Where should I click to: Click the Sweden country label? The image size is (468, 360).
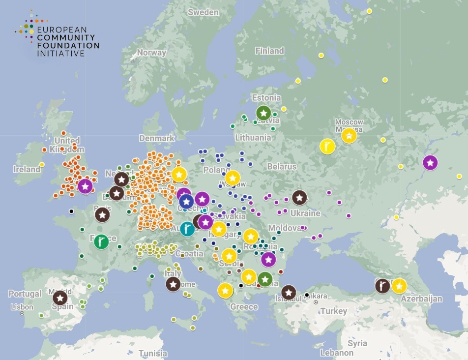coord(203,12)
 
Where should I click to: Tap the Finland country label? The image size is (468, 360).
coord(269,51)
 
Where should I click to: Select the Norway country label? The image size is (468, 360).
coord(151,53)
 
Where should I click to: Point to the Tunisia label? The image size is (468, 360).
coord(152,353)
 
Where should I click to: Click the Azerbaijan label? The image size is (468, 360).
coord(421,299)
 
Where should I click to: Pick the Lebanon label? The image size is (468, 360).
coord(336,353)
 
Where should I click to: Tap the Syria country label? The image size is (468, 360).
coord(357,343)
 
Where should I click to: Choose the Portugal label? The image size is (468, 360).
coord(25,294)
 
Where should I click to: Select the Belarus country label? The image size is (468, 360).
coord(282,166)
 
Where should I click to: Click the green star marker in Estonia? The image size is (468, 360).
coord(263,113)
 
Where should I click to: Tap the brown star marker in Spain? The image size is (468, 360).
coord(60,298)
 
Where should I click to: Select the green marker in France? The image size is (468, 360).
coord(101,241)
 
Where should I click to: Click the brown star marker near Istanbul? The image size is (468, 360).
coord(289,293)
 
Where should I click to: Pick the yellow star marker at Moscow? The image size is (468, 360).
coord(349,135)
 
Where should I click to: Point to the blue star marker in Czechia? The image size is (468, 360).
coord(186,201)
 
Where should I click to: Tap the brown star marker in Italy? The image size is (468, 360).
coord(173,284)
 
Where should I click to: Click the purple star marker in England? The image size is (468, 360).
coord(85,186)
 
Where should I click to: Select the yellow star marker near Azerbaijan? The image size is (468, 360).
coord(399,286)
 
